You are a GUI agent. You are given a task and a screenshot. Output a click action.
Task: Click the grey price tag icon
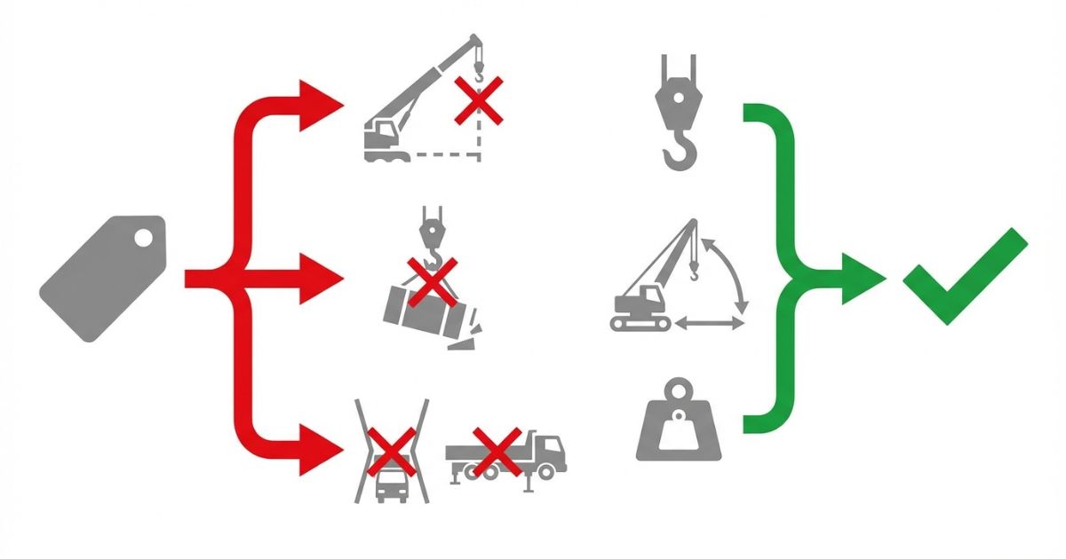click(102, 275)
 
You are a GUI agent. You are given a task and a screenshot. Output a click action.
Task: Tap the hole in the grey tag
click(142, 237)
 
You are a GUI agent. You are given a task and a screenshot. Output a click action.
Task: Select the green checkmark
click(964, 275)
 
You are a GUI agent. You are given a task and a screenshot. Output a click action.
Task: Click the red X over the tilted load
click(432, 281)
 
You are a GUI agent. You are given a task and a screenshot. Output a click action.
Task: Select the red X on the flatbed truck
click(497, 450)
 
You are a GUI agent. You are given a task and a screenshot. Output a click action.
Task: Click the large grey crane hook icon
click(678, 115)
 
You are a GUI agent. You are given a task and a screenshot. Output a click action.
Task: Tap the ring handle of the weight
click(679, 390)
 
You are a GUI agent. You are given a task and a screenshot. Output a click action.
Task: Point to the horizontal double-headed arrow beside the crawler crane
click(710, 325)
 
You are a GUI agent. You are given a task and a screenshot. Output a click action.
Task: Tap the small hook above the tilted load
click(431, 232)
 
